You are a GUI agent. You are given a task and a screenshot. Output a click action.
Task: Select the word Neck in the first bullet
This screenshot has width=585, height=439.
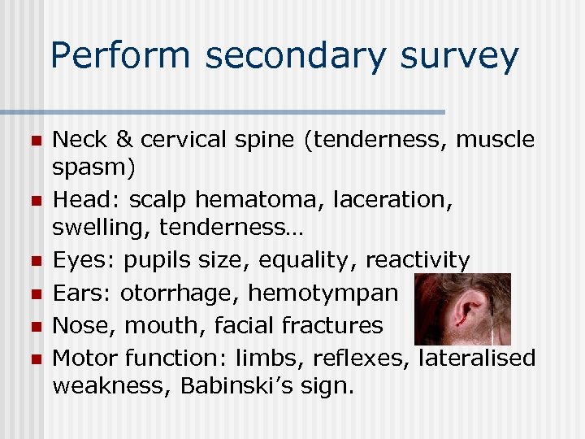coord(79,140)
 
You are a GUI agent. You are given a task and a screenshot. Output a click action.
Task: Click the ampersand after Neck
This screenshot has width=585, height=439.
coord(123,140)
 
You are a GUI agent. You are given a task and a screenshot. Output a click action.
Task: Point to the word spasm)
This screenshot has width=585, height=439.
coord(94,169)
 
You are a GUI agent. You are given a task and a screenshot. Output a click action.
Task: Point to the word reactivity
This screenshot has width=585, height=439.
coord(418,260)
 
